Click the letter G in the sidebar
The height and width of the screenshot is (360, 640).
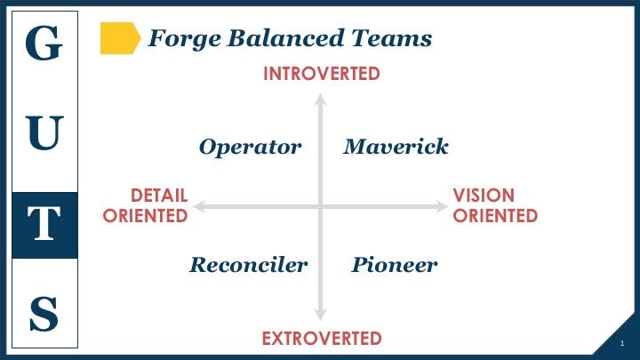tap(44, 43)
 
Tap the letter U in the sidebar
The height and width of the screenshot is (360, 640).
tap(44, 132)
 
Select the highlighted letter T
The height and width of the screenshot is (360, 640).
tap(44, 223)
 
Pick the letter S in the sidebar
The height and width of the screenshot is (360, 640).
tap(44, 313)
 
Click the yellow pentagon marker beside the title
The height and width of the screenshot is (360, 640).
tap(120, 38)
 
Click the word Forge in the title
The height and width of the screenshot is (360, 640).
tap(185, 39)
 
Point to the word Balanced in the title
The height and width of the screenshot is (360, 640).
tap(285, 38)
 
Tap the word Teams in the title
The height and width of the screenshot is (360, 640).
tap(391, 38)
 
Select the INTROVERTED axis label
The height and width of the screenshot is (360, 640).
tap(322, 74)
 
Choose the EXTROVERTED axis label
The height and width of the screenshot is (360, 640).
tap(322, 339)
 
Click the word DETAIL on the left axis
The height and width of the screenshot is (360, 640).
tap(159, 195)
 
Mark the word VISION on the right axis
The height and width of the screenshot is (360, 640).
tap(484, 195)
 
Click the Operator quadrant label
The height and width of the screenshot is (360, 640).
tap(250, 147)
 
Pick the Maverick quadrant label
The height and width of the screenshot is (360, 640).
tap(396, 146)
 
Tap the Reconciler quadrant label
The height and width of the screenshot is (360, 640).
tap(249, 265)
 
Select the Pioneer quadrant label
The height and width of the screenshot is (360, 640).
tap(395, 265)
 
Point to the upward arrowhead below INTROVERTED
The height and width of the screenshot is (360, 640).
tap(320, 100)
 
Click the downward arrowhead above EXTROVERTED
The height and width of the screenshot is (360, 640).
tap(320, 315)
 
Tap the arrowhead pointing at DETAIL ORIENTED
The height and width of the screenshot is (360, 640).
tap(199, 206)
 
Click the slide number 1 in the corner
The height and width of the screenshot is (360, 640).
tap(622, 343)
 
